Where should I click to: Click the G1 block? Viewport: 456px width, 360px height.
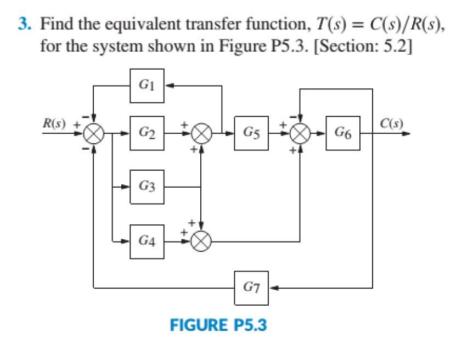tap(147, 86)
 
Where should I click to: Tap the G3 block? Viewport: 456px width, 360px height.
tap(147, 187)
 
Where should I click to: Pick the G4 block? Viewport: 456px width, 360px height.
tap(147, 240)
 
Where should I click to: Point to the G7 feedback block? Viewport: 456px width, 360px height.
tap(251, 286)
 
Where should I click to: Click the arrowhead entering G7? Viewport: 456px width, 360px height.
tap(273, 286)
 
